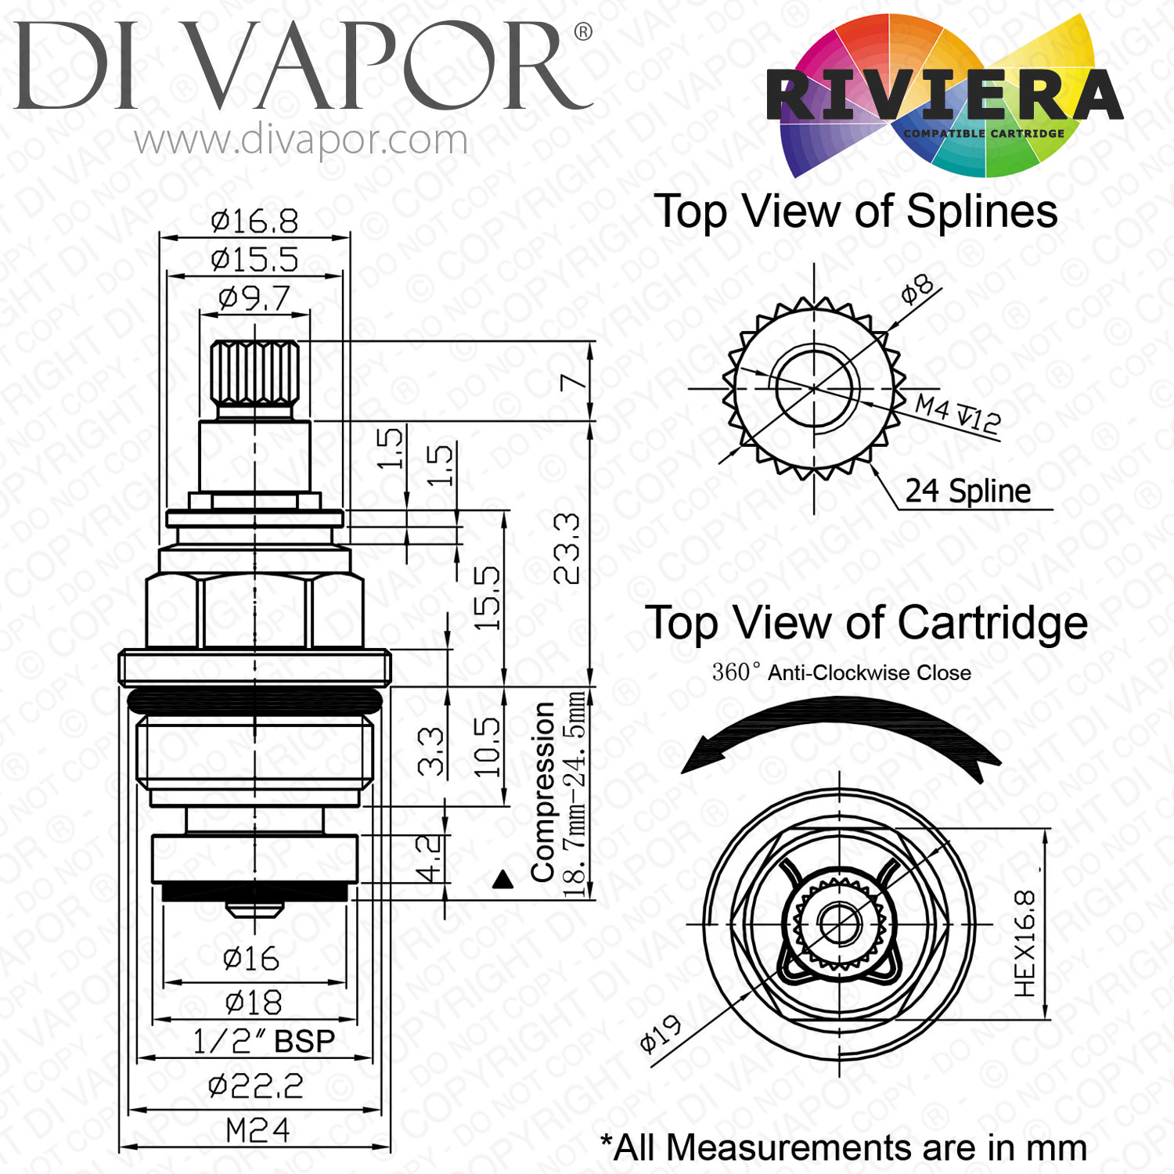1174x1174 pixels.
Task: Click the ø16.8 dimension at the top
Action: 255,221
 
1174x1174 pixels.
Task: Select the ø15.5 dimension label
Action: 255,259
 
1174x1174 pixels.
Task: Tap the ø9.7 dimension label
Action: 255,297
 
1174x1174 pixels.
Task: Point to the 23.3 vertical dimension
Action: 567,549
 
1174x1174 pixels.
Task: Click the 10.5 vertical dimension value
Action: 487,747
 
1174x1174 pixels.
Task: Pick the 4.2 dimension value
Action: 429,859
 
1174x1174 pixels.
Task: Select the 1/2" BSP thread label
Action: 264,1042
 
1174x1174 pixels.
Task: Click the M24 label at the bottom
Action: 257,1130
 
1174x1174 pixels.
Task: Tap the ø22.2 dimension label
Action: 256,1086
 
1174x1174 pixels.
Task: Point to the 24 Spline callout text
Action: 968,492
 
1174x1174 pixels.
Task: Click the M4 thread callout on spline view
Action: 958,413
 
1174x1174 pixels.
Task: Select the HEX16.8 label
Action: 1025,943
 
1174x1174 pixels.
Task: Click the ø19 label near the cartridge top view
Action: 661,1035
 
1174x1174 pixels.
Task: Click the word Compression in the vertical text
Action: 543,791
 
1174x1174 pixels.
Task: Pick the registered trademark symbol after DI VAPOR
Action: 583,32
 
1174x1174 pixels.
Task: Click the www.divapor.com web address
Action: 301,140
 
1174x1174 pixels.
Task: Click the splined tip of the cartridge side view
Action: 255,373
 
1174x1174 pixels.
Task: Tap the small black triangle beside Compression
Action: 503,880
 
